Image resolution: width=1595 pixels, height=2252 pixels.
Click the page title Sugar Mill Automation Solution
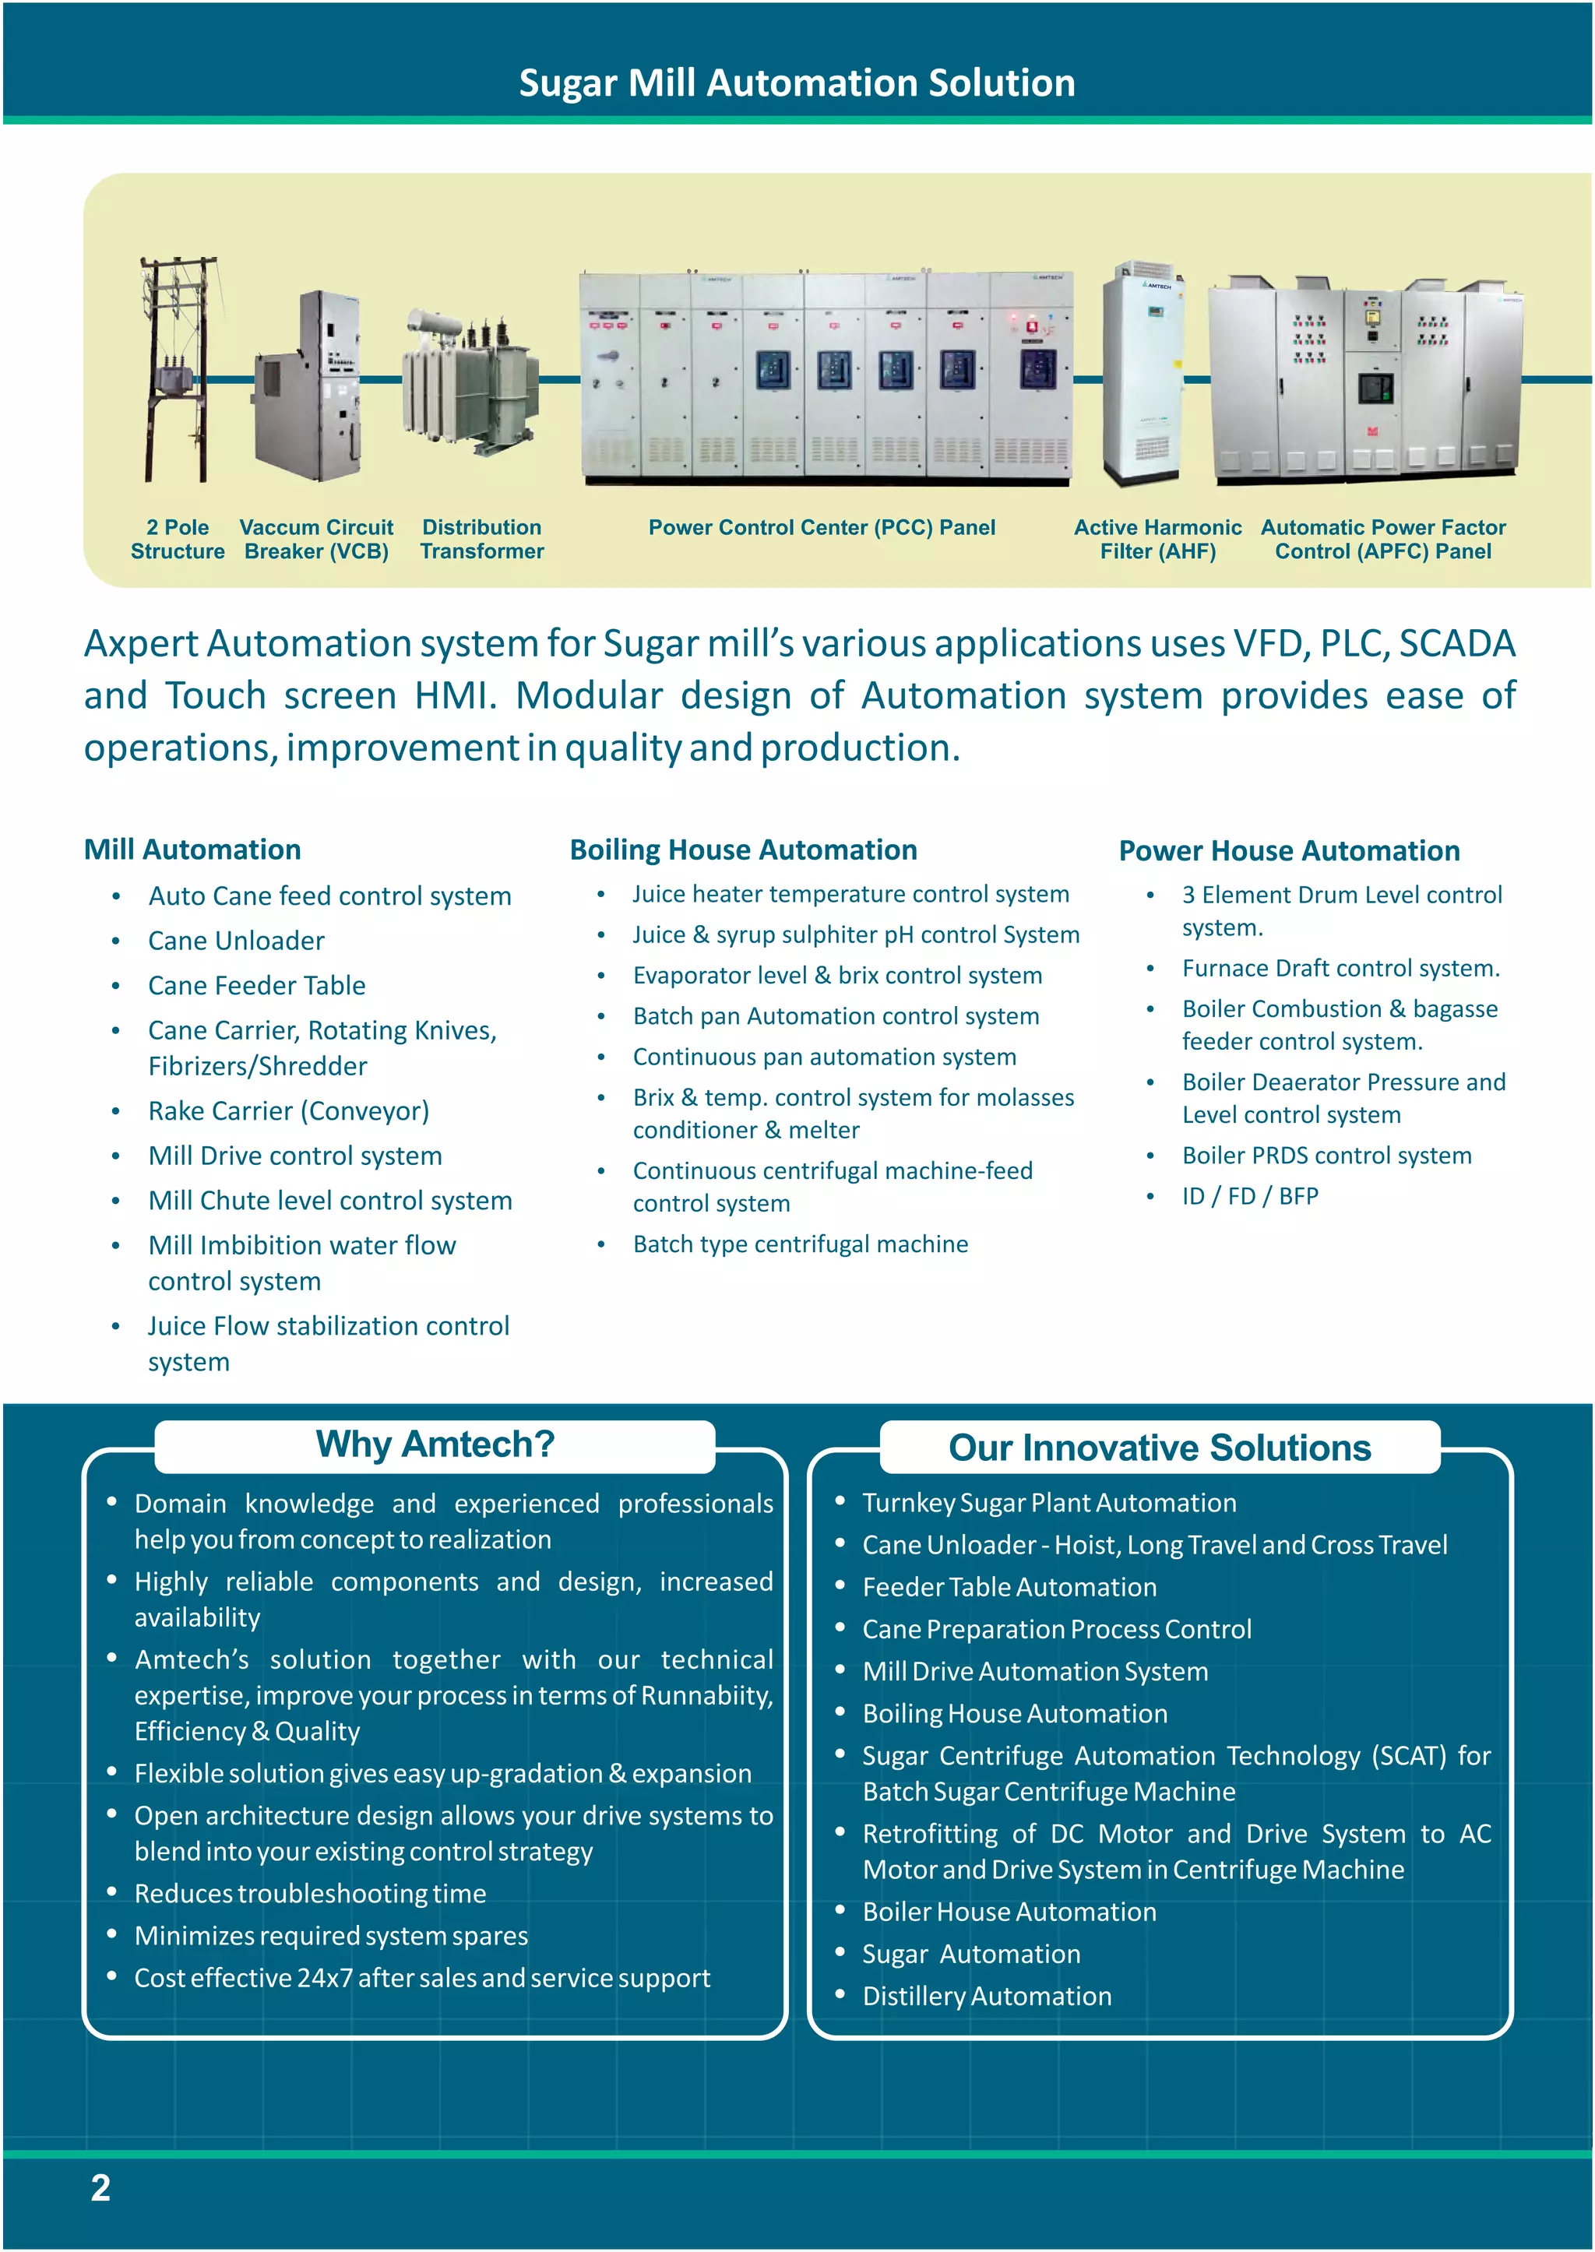coord(797,83)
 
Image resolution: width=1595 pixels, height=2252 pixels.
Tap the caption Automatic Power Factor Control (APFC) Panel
coord(1383,539)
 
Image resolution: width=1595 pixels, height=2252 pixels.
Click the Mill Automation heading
coord(192,850)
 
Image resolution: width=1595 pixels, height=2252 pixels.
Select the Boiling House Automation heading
coord(744,850)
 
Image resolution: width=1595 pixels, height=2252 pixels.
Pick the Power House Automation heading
coord(1289,850)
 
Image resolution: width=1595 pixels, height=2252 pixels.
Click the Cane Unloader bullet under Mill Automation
coord(236,941)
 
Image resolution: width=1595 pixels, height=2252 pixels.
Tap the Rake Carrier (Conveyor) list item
coord(289,1110)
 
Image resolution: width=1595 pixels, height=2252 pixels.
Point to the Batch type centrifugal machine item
coord(801,1244)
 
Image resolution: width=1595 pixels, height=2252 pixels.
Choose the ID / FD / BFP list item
coord(1249,1196)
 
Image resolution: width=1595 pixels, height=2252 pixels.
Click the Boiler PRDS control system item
coord(1326,1155)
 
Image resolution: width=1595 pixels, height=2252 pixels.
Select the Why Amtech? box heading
coord(435,1444)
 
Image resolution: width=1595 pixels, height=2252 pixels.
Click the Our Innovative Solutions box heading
coord(1159,1448)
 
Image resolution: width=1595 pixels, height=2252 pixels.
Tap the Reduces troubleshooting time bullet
coord(311,1894)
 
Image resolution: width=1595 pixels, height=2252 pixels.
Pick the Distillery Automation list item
coord(986,1997)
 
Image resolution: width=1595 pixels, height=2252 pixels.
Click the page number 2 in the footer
coord(100,2188)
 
